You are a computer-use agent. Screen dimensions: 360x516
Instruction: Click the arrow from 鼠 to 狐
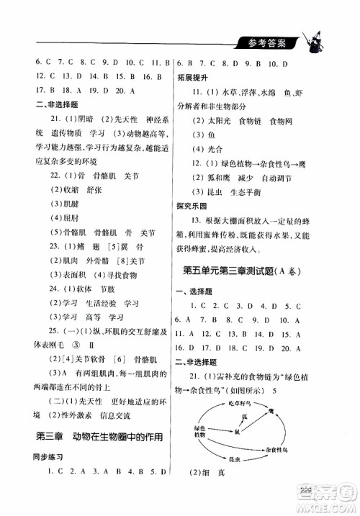coord(240,425)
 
